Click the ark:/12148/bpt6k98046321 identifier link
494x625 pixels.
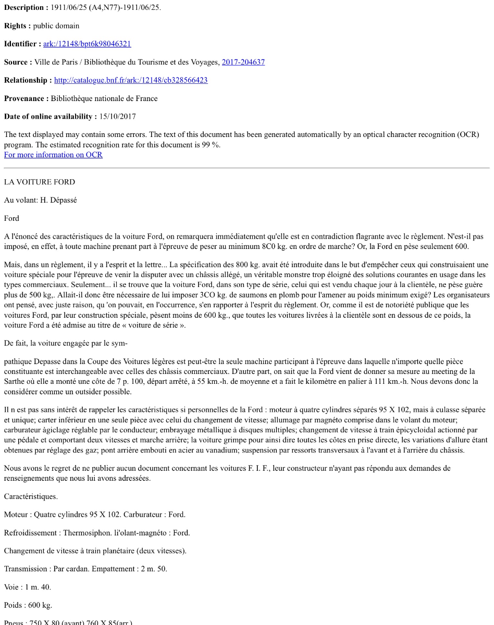tap(87, 44)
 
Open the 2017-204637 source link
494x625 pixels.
tap(243, 63)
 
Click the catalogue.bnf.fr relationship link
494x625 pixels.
tap(131, 81)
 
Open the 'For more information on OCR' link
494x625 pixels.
tap(53, 155)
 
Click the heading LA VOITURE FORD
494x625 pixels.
tap(40, 182)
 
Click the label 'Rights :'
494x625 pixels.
tap(17, 26)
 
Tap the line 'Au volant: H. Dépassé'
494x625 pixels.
tap(41, 201)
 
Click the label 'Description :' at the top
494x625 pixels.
tap(26, 8)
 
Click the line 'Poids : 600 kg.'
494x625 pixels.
tap(28, 605)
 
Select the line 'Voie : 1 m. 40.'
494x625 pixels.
tap(28, 587)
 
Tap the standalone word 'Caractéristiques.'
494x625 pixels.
tap(31, 496)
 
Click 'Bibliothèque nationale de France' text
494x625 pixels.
tap(104, 98)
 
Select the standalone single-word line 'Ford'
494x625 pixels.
tap(11, 218)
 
